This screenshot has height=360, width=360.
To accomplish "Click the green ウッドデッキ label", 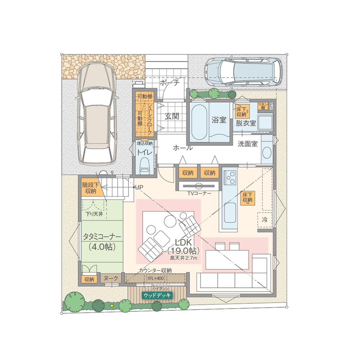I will pos(157,295).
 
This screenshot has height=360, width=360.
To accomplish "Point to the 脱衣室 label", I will pos(246,123).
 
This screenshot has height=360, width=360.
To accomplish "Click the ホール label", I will pos(183,148).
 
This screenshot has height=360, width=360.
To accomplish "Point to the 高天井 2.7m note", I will pos(183,258).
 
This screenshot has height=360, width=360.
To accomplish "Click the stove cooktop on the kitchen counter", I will pos(230,177).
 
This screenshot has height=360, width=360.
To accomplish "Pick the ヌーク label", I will pos(111,279).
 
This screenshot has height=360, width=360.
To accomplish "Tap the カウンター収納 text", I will pos(155,270).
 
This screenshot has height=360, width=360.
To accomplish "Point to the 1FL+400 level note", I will pos(154,279).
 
